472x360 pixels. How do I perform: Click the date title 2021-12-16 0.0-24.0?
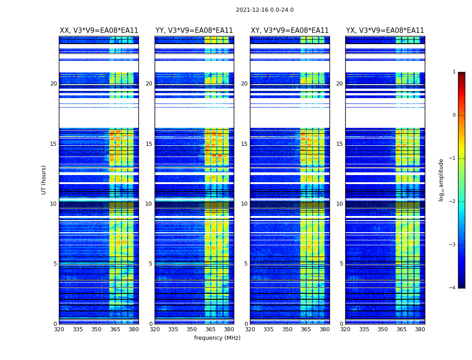(x=264, y=10)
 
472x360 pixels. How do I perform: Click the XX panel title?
(x=99, y=31)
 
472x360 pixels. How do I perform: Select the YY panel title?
(x=194, y=31)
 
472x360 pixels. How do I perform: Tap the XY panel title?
(x=289, y=31)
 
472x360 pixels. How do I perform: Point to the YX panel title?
(x=385, y=31)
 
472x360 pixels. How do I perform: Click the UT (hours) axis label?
(x=44, y=180)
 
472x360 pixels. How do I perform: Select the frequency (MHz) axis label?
(x=217, y=338)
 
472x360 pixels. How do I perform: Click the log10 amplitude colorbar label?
(x=441, y=180)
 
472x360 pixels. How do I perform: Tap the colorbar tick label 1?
(x=454, y=72)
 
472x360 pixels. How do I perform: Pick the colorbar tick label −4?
(x=453, y=288)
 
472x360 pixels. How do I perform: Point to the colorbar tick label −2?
(x=453, y=202)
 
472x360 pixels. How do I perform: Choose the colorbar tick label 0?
(x=454, y=115)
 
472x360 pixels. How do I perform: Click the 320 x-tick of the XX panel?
(x=59, y=329)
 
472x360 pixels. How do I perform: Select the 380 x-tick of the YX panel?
(x=420, y=329)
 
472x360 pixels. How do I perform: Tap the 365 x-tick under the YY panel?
(x=211, y=329)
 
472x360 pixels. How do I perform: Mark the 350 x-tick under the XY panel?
(x=287, y=329)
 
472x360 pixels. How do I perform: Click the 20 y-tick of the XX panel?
(x=53, y=84)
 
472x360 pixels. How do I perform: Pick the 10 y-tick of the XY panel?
(x=245, y=204)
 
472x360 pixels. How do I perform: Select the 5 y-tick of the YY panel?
(x=151, y=264)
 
